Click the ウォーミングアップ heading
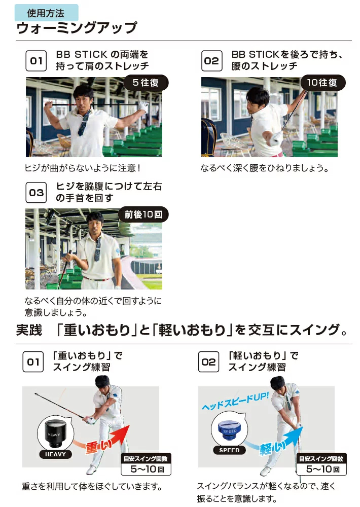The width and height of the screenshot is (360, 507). [x=77, y=28]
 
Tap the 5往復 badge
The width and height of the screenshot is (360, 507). [x=146, y=83]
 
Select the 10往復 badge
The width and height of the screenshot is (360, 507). [x=322, y=83]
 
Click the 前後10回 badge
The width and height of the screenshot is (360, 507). [x=143, y=214]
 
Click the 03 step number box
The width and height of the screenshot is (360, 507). [x=36, y=193]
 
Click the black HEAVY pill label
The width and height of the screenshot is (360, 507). [x=55, y=454]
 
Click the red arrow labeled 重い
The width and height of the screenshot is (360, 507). [x=104, y=441]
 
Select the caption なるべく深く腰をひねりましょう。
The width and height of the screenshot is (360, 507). [x=265, y=168]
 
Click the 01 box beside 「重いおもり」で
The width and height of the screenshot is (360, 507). [x=33, y=363]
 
